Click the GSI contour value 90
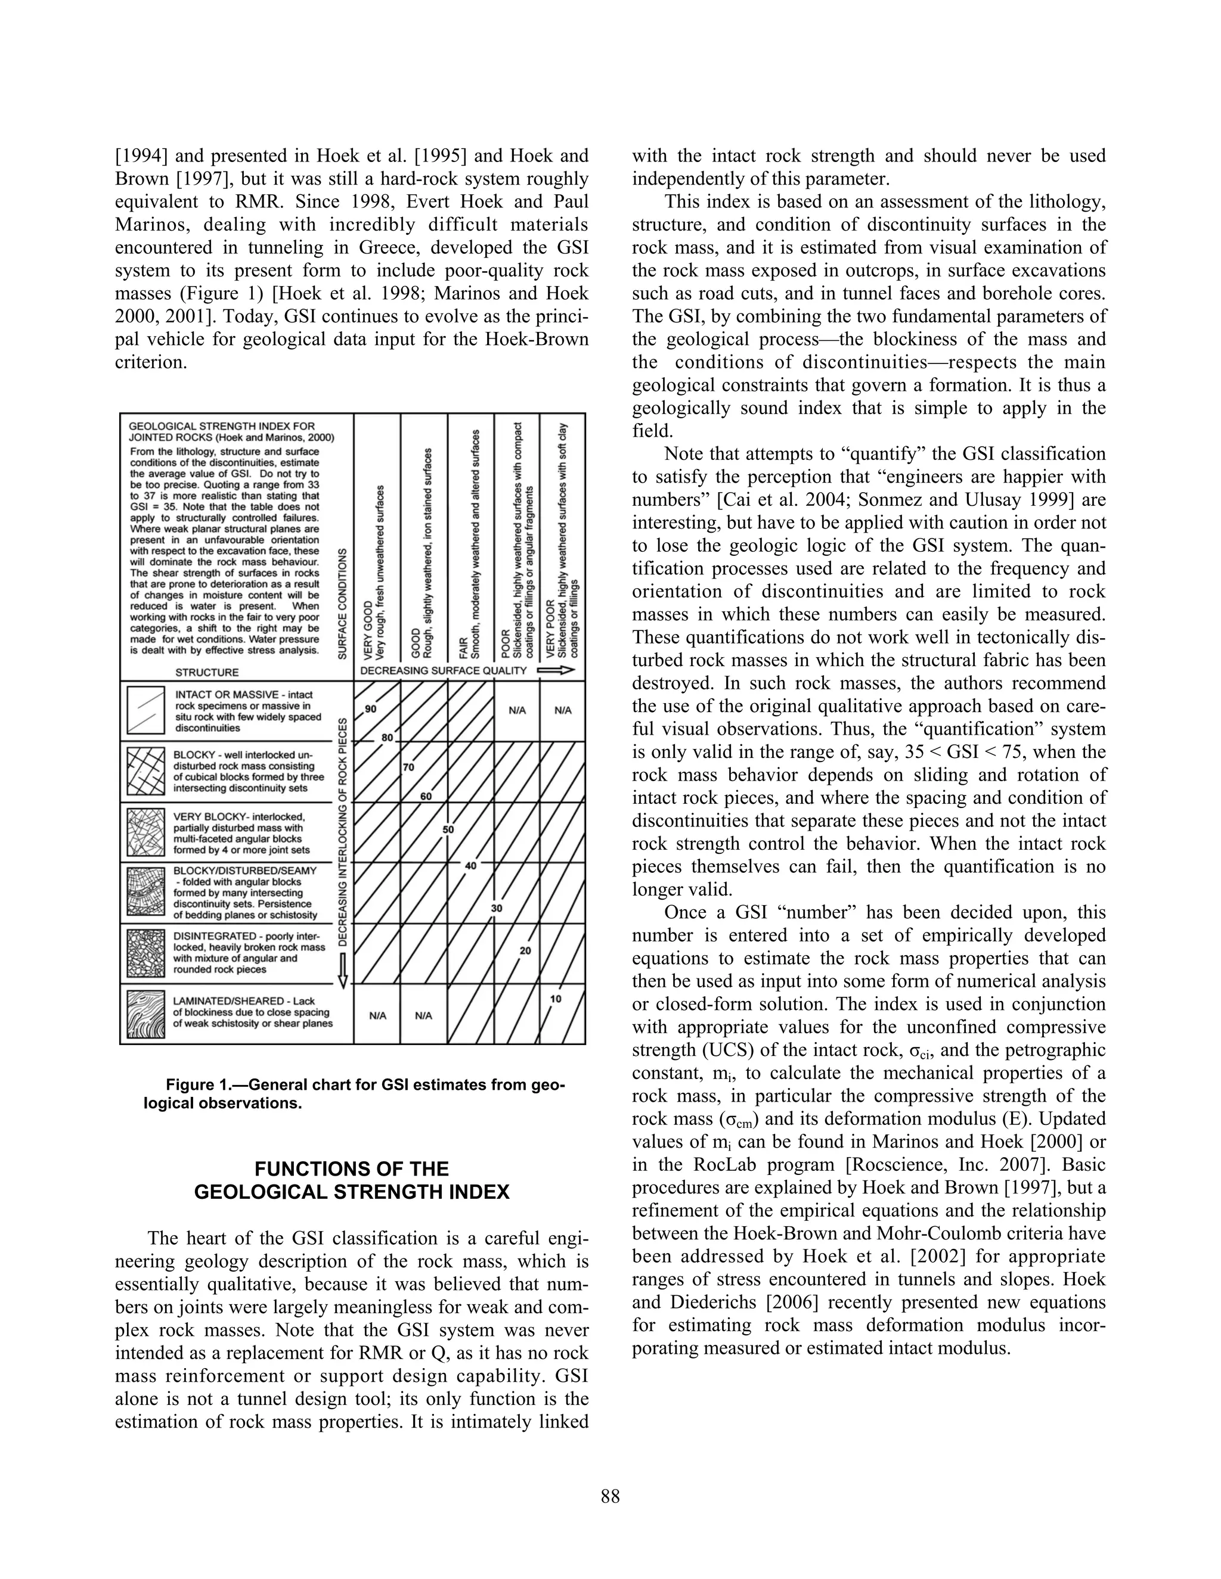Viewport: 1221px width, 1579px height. pos(370,709)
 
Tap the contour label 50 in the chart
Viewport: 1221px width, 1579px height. pos(448,829)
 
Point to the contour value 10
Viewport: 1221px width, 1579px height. pos(556,999)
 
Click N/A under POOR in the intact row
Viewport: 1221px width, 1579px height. pos(516,710)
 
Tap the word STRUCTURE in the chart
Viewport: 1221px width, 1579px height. pos(207,672)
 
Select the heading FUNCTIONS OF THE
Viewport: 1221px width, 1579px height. pos(352,1169)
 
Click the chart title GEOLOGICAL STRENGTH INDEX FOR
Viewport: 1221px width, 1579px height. pos(221,427)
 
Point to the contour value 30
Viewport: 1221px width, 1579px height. pos(496,908)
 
